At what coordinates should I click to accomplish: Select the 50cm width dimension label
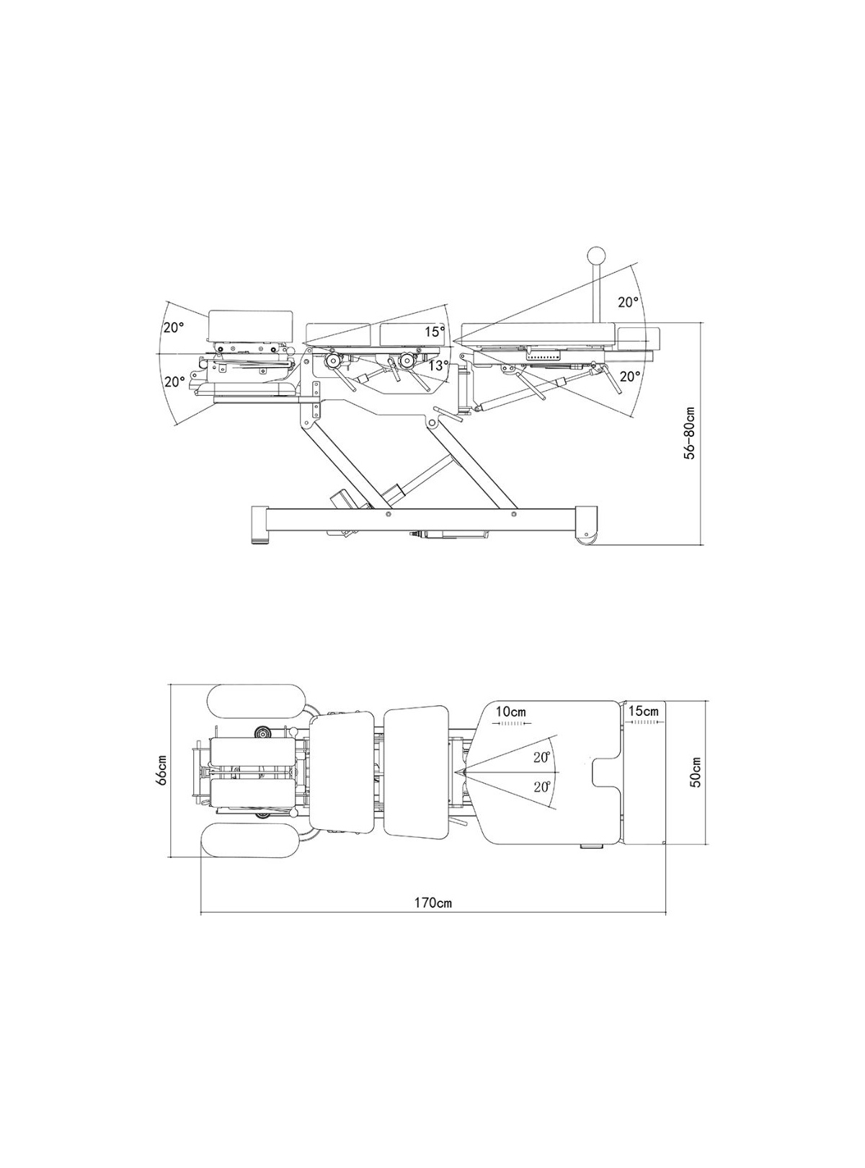(696, 772)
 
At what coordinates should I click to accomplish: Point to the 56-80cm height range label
(689, 433)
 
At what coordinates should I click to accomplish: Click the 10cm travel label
(510, 712)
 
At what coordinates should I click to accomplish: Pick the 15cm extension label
(644, 710)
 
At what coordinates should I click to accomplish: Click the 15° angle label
(435, 331)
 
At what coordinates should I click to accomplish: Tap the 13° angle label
(438, 366)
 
